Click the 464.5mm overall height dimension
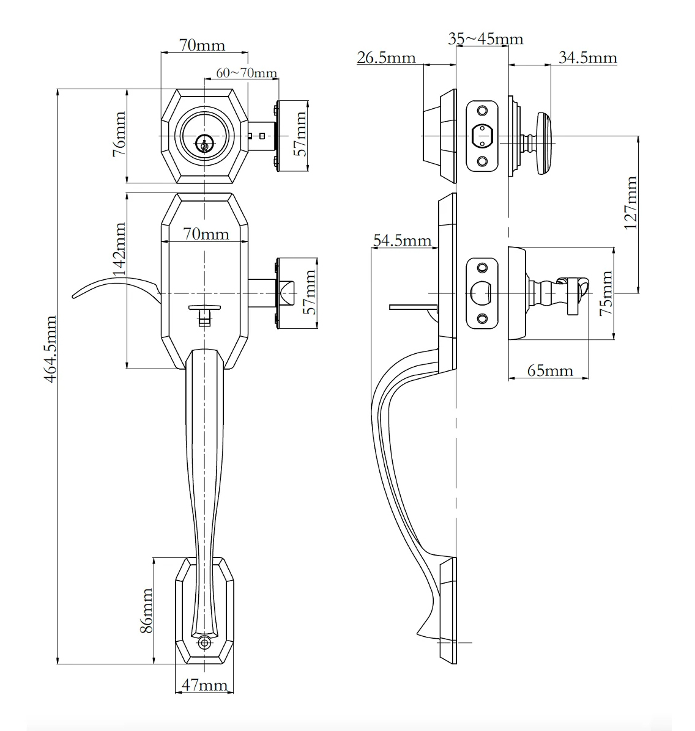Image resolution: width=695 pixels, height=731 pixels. [x=51, y=350]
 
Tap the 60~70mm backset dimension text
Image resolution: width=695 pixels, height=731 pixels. [x=247, y=73]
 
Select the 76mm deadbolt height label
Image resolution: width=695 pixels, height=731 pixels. [x=119, y=134]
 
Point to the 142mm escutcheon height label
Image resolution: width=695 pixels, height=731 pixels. [x=119, y=249]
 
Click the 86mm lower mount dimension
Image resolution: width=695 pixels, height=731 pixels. [x=147, y=611]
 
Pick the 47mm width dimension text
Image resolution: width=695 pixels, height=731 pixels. [x=204, y=685]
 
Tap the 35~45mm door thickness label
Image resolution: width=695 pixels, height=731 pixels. [x=485, y=39]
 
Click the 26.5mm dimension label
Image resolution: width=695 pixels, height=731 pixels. [x=386, y=58]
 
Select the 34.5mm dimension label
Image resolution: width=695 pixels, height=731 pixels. [x=588, y=58]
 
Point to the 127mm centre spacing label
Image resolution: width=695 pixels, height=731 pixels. [x=631, y=203]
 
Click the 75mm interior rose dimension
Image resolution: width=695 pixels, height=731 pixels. [x=606, y=293]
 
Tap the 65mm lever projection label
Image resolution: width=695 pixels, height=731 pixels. [x=550, y=371]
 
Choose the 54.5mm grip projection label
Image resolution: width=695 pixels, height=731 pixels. [x=402, y=241]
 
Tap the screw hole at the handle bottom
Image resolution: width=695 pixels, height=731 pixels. [x=204, y=643]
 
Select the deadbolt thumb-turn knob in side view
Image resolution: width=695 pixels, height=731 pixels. [x=544, y=144]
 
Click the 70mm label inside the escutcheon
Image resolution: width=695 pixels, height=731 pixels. [x=206, y=233]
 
